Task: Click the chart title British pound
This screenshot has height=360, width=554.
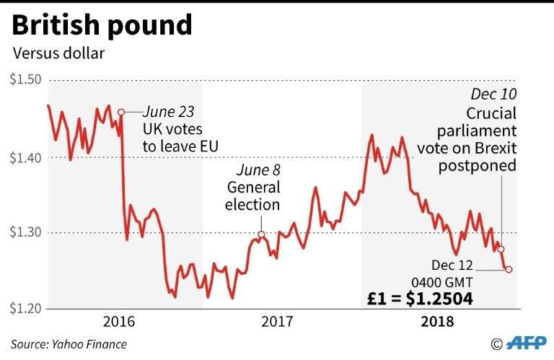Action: point(102,25)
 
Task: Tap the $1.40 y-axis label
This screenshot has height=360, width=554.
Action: point(25,157)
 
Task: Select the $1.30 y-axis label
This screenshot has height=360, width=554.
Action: point(25,232)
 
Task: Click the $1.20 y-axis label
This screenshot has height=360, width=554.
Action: point(25,309)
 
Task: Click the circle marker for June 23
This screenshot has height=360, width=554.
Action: point(121,112)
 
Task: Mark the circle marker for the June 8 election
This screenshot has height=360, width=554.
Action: point(261,234)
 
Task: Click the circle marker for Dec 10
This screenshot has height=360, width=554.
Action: point(501,249)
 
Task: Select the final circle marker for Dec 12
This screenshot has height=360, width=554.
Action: point(509,269)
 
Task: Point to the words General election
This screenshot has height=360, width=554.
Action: point(252,196)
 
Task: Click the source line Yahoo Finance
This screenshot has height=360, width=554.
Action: point(69,344)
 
